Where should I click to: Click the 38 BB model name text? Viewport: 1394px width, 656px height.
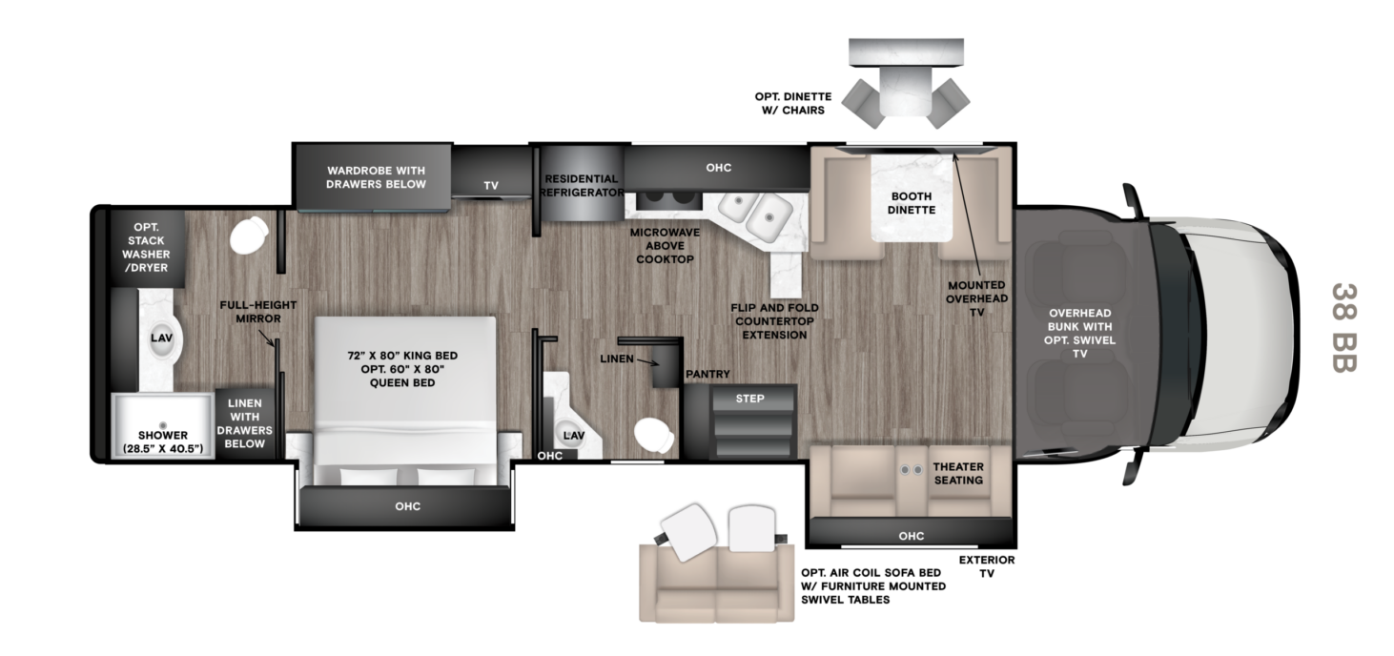1343,328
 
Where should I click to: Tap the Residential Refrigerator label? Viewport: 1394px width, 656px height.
582,186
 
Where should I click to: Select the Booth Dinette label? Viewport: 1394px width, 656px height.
912,203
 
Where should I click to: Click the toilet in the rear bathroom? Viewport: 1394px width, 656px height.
249,236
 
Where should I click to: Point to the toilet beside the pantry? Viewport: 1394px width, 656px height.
653,435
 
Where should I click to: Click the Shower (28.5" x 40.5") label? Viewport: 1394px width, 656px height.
163,441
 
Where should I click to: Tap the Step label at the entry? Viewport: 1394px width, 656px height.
749,399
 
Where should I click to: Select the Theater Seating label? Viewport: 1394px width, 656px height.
958,473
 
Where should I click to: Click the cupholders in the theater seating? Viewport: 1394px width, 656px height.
912,470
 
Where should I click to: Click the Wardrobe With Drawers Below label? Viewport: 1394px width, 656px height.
376,177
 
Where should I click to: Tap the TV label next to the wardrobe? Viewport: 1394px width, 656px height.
491,186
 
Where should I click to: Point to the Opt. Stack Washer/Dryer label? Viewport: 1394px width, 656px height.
146,247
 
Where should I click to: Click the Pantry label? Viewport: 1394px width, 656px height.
707,374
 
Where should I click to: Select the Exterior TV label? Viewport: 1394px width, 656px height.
986,566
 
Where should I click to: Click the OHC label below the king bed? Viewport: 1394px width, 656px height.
408,506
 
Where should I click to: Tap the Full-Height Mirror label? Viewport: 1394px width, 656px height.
258,312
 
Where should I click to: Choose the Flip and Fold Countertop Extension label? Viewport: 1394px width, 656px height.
774,321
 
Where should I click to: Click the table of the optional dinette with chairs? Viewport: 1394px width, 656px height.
906,92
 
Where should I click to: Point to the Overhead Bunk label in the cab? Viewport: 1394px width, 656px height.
1079,320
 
